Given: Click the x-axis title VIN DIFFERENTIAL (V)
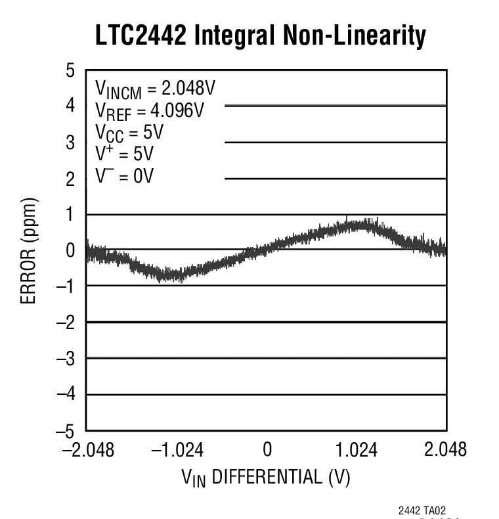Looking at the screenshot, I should click(265, 477).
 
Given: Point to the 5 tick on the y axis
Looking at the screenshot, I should click(70, 70).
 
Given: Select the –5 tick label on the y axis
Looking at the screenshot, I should click(66, 431).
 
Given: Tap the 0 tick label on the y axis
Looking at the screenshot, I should click(70, 250).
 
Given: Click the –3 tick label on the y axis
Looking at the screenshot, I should click(66, 359).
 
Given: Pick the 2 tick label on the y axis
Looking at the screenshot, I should click(70, 178).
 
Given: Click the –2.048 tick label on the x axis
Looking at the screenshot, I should click(87, 450).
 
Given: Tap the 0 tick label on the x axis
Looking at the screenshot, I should click(267, 450).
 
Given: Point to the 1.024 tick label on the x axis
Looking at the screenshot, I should click(357, 450).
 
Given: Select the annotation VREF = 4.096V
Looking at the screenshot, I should click(149, 110).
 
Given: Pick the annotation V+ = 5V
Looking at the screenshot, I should click(124, 154).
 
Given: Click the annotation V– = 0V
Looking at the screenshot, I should click(124, 176).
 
